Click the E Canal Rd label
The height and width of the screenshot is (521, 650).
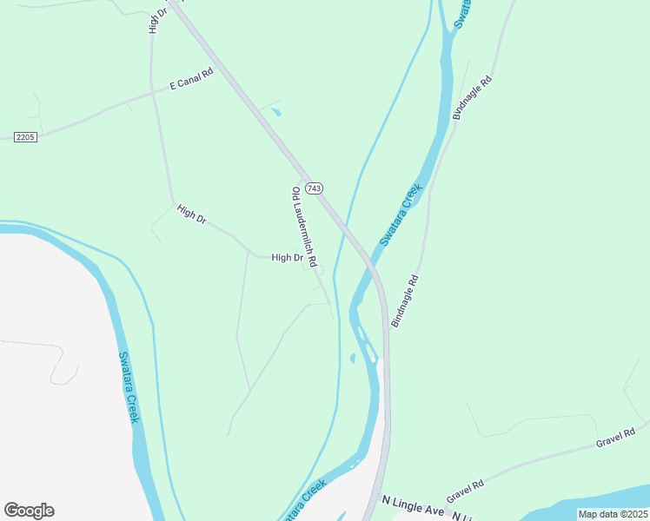click(191, 82)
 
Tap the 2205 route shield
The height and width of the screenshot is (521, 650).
click(25, 137)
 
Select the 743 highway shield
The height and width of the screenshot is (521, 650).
click(315, 188)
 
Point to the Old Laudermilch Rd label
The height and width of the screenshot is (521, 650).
click(304, 227)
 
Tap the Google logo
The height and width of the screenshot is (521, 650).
click(29, 511)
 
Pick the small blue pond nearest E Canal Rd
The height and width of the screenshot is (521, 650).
click(276, 112)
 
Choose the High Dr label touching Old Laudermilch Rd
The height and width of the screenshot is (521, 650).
click(287, 258)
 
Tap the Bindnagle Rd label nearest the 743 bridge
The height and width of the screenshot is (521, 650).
click(405, 301)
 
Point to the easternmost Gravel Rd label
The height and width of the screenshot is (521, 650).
click(611, 438)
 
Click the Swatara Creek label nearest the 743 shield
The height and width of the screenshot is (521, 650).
click(401, 214)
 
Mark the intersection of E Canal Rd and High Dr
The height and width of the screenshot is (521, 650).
click(153, 90)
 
